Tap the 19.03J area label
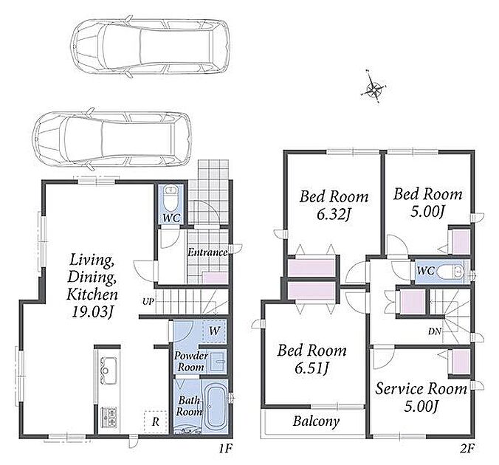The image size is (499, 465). tap(92, 312)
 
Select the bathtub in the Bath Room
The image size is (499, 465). tap(215, 407)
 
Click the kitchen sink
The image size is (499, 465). tap(109, 371)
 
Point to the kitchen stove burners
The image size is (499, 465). tap(109, 417)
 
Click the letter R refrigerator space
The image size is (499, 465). tap(155, 422)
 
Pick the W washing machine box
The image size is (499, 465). tap(214, 331)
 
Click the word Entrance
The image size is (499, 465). tap(207, 252)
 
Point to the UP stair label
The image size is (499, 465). tap(148, 301)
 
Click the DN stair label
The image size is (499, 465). tap(434, 331)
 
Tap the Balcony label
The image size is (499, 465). tap(316, 421)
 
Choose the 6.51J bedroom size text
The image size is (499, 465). tap(312, 368)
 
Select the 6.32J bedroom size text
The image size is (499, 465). tap(334, 215)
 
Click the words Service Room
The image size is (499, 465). tap(421, 389)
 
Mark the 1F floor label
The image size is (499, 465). tap(226, 449)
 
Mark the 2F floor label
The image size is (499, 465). tap(467, 449)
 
